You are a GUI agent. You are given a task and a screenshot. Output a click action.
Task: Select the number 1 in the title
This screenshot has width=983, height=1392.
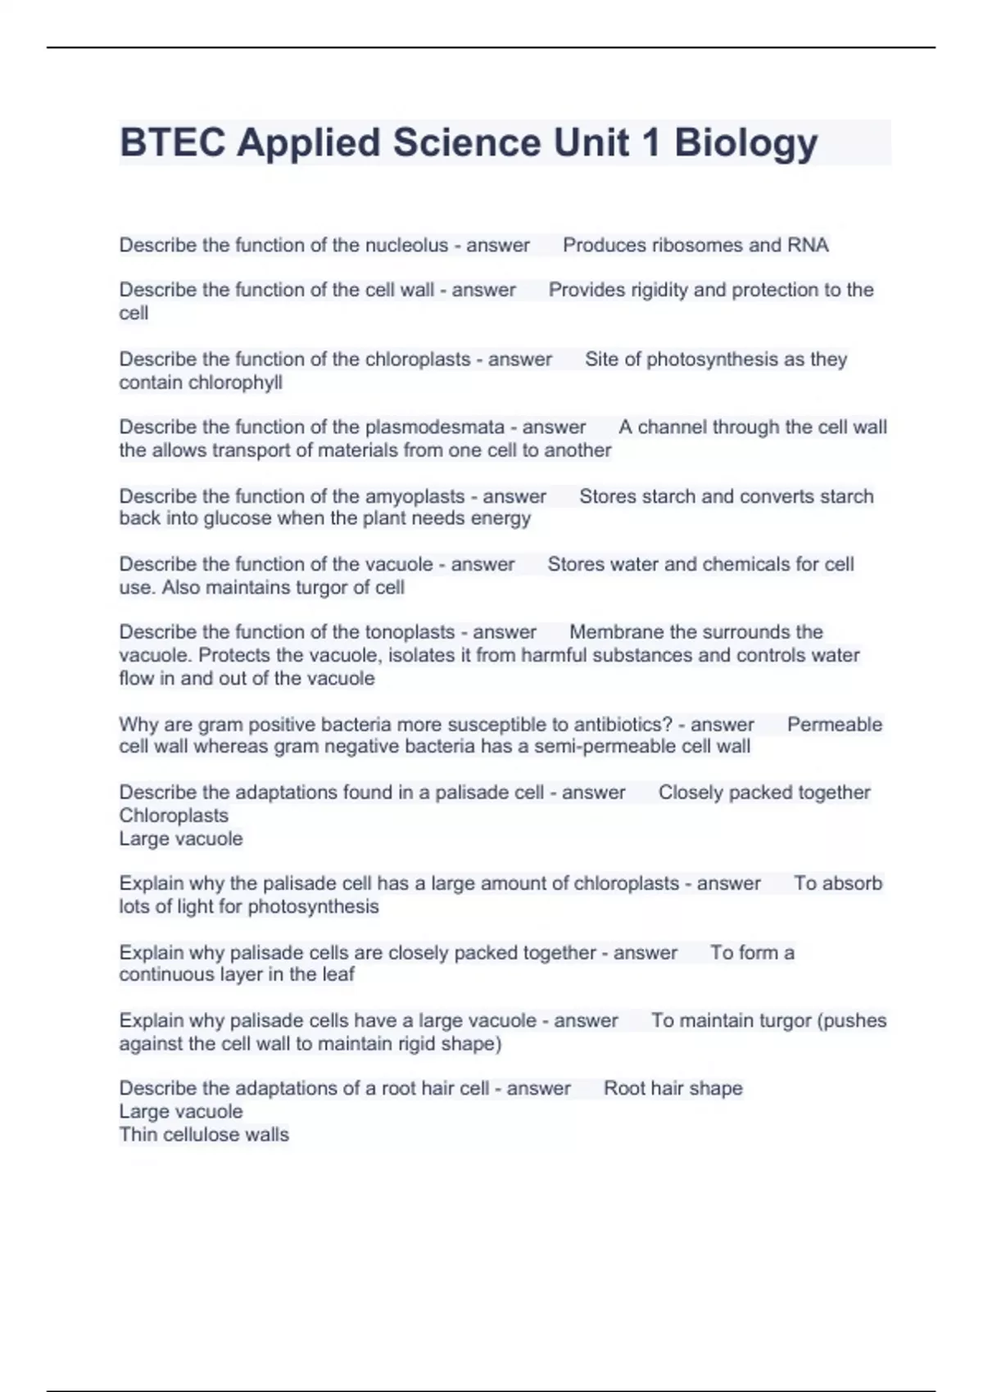click(x=651, y=142)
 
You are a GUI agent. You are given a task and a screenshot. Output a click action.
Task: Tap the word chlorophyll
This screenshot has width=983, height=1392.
click(x=237, y=382)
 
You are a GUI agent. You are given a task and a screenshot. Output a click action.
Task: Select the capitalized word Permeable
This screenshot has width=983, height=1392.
click(x=834, y=725)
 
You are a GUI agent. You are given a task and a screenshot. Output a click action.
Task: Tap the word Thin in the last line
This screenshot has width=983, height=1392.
click(x=138, y=1135)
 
